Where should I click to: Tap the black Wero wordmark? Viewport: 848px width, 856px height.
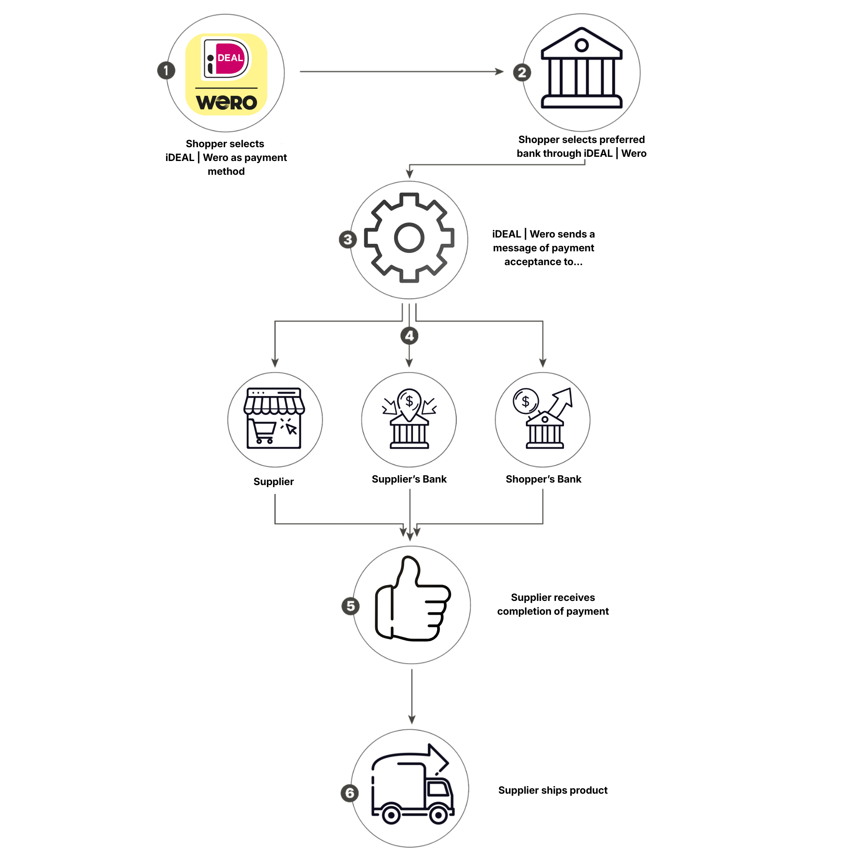tap(226, 102)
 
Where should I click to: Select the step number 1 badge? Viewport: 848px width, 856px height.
tap(166, 70)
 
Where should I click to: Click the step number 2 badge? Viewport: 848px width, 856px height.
tap(522, 72)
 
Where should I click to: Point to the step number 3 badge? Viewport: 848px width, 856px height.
tap(348, 239)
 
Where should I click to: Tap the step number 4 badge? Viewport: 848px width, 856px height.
tap(409, 335)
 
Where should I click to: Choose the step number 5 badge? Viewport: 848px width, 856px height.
tap(350, 606)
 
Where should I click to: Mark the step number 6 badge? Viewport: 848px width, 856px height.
tap(349, 792)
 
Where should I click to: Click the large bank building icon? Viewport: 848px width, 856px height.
tap(581, 68)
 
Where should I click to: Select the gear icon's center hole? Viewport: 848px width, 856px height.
tap(409, 238)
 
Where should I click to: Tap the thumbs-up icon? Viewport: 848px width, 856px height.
tap(412, 598)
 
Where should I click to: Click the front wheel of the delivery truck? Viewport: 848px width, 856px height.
tap(438, 814)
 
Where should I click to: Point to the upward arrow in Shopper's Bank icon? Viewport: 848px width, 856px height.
tap(560, 402)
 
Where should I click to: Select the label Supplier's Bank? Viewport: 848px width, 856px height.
tap(409, 479)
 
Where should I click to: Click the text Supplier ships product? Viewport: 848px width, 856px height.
tap(552, 790)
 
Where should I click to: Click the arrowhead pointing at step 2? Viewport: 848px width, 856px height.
tap(499, 72)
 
